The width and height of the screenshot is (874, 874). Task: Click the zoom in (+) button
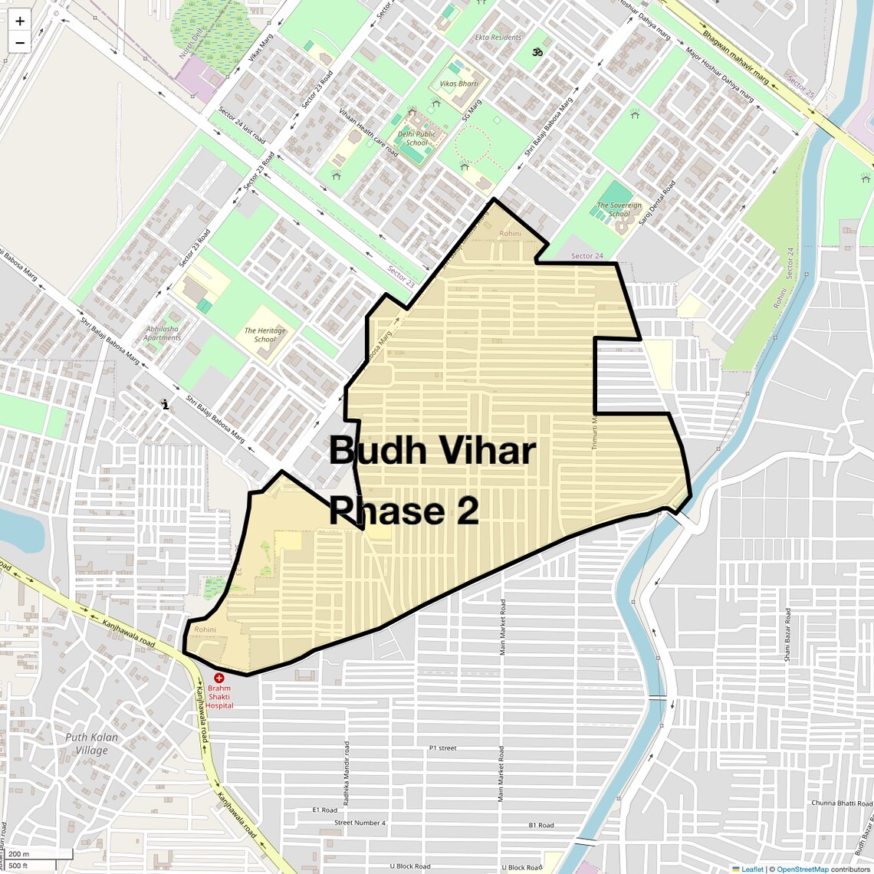pyautogui.click(x=20, y=21)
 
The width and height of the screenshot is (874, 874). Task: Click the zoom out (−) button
pyautogui.click(x=20, y=43)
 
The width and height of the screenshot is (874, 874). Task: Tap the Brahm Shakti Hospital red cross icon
pyautogui.click(x=219, y=678)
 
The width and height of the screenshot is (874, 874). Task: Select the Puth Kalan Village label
pyautogui.click(x=92, y=744)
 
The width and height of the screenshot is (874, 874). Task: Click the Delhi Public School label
pyautogui.click(x=416, y=138)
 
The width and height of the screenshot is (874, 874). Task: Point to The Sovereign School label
pyautogui.click(x=619, y=209)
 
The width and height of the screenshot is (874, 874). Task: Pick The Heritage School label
pyautogui.click(x=265, y=335)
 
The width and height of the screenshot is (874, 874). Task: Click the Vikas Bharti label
pyautogui.click(x=458, y=83)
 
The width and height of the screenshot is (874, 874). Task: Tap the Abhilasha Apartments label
pyautogui.click(x=162, y=333)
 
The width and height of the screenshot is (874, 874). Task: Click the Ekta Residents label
pyautogui.click(x=498, y=37)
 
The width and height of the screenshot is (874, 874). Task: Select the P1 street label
pyautogui.click(x=442, y=747)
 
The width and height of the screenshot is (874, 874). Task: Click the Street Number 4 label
pyautogui.click(x=360, y=823)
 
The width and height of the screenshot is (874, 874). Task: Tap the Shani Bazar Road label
pyautogui.click(x=787, y=634)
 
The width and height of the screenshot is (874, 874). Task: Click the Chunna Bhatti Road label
pyautogui.click(x=841, y=803)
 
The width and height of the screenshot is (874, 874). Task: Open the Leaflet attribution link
pyautogui.click(x=751, y=869)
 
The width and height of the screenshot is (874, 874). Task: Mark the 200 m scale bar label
pyautogui.click(x=18, y=854)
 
